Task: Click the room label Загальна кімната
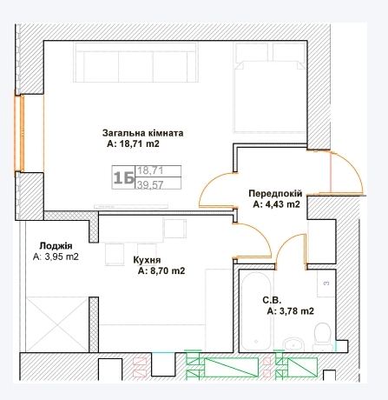coord(142,133)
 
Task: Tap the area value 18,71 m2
coord(134,145)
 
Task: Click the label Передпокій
coord(274,193)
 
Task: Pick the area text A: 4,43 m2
coord(276,205)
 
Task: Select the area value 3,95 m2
coord(56,257)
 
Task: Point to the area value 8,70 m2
coord(161,271)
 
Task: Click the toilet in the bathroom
coord(322,335)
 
